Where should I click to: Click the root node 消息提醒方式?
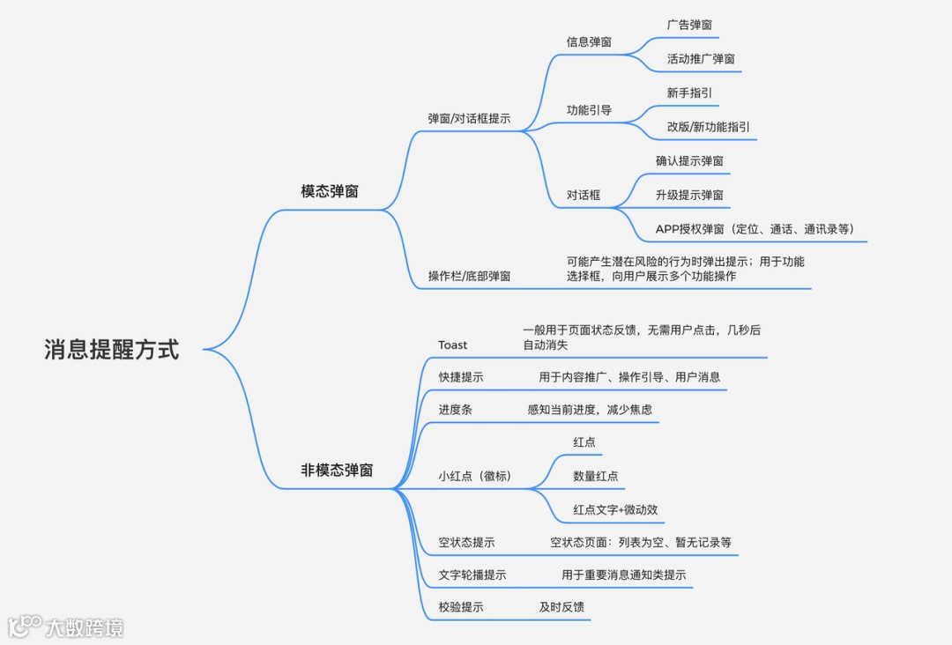click(x=112, y=350)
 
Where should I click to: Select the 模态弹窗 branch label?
click(x=330, y=191)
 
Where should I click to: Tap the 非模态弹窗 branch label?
click(x=337, y=471)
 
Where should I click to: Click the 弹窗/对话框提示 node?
click(x=469, y=118)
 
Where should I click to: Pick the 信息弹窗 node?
click(x=589, y=41)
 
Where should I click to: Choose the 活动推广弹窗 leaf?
click(x=701, y=59)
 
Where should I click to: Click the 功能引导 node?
click(x=589, y=110)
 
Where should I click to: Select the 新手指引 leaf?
click(x=690, y=93)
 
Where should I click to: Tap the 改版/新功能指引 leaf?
click(x=709, y=127)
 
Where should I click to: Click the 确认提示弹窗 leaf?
click(x=689, y=161)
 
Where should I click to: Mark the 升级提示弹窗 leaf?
click(x=689, y=195)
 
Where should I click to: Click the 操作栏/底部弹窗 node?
click(x=469, y=277)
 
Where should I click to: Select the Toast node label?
click(x=453, y=345)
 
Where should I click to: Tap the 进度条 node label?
click(x=456, y=410)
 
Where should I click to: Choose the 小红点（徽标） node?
click(x=475, y=477)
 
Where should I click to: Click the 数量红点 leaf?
click(x=596, y=476)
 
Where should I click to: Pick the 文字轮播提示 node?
click(x=472, y=575)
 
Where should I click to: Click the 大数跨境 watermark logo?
click(x=66, y=626)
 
